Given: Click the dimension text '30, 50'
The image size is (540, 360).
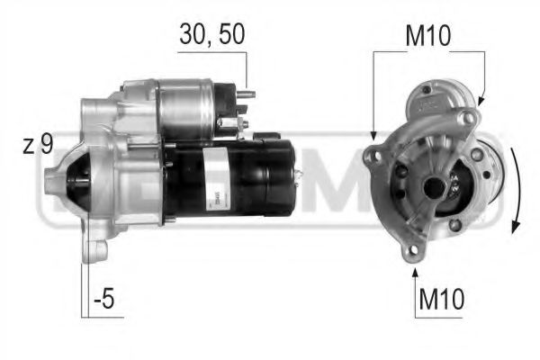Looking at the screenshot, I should click(211, 33).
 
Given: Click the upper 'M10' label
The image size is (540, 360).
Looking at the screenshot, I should click(428, 35).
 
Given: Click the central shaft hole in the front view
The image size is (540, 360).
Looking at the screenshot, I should click(434, 187).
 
